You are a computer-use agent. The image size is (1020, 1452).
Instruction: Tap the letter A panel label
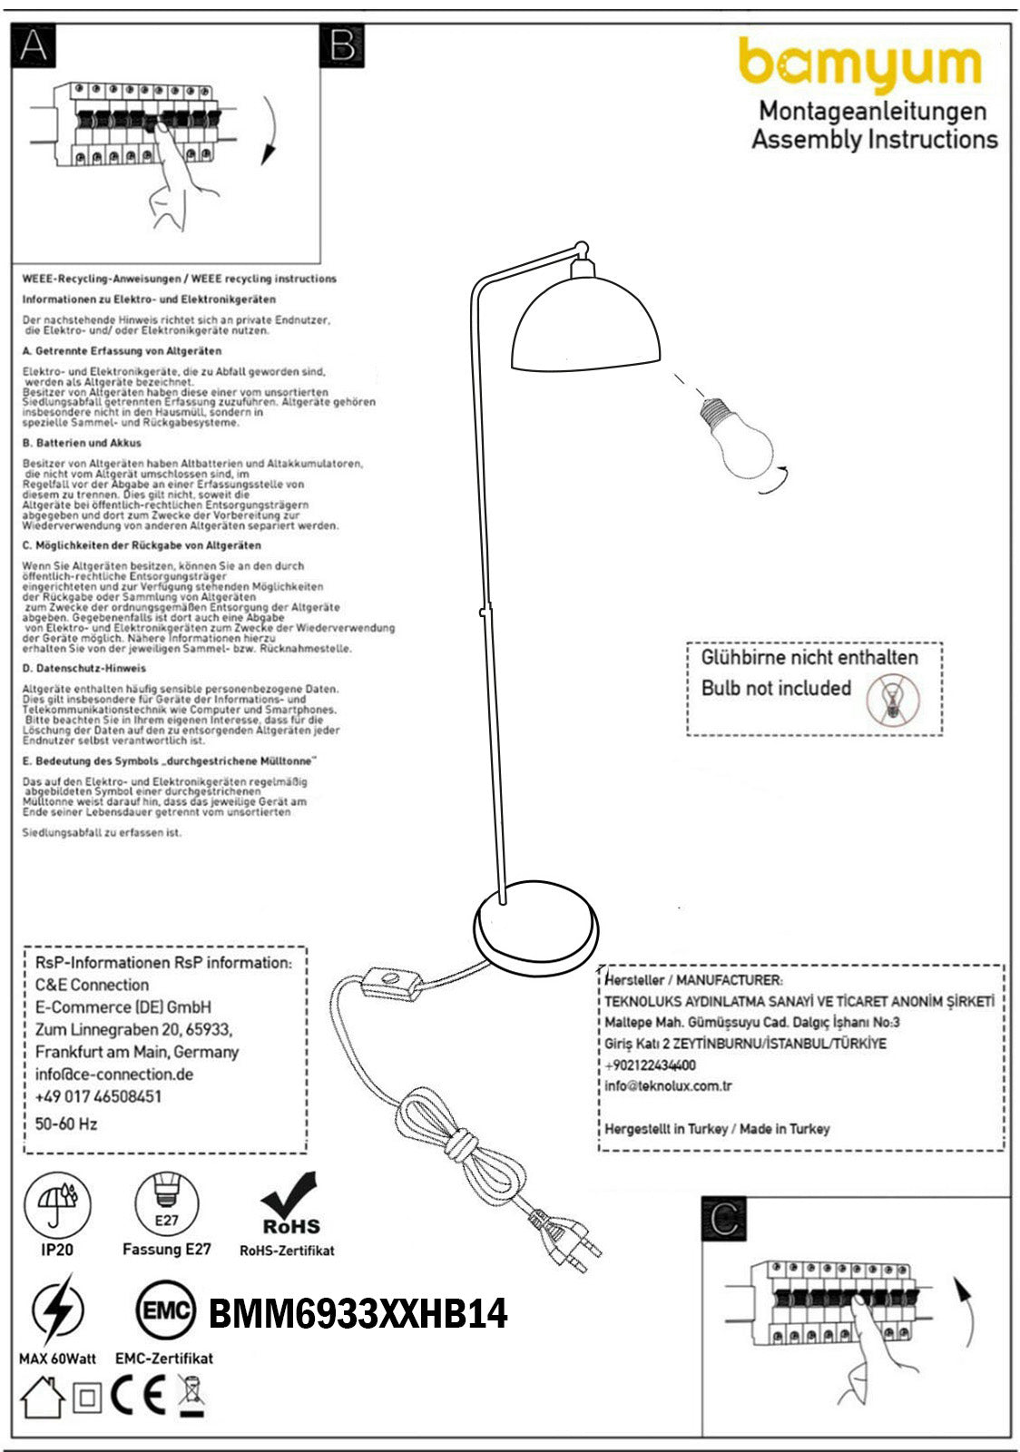coord(34,45)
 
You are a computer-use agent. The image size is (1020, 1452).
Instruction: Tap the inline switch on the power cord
coord(393,984)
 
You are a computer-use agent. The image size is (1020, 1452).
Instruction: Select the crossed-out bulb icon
coord(892,700)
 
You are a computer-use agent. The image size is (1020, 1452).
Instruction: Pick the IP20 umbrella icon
coord(57,1205)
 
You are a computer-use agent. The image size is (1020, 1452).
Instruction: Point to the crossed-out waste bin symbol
coord(191,1396)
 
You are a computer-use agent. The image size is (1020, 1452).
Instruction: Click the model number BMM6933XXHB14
coord(358,1313)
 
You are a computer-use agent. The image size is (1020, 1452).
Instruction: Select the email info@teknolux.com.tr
coord(668,1086)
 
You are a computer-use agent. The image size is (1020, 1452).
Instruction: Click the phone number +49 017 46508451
coord(98,1096)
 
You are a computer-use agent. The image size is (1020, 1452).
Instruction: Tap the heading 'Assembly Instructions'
coord(874,140)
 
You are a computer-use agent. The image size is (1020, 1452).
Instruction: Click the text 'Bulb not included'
coord(776,688)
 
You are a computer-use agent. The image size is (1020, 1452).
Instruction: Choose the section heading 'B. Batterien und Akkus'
coord(82,444)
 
